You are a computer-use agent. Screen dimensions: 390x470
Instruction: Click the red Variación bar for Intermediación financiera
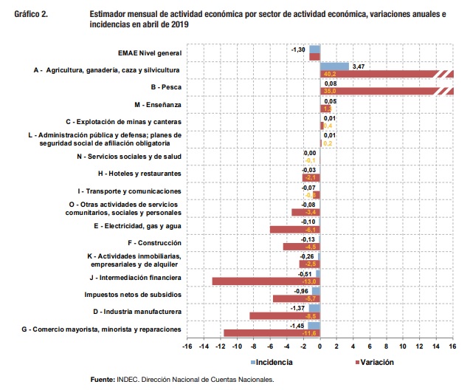pyautogui.click(x=266, y=281)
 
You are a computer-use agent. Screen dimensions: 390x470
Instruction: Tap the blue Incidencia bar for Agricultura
pyautogui.click(x=334, y=66)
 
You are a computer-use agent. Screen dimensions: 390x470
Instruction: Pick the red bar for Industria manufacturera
pyautogui.click(x=284, y=316)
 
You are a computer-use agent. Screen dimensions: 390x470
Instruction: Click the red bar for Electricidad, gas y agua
pyautogui.click(x=294, y=230)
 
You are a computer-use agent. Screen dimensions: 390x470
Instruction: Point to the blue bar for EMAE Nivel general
pyautogui.click(x=314, y=49)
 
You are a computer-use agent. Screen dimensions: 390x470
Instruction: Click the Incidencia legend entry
pyautogui.click(x=270, y=362)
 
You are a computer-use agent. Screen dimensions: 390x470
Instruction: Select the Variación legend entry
pyautogui.click(x=373, y=362)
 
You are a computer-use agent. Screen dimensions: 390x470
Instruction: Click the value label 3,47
pyautogui.click(x=359, y=66)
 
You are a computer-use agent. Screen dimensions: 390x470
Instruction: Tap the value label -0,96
pyautogui.click(x=303, y=291)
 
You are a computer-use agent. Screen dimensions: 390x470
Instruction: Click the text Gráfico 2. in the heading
pyautogui.click(x=31, y=13)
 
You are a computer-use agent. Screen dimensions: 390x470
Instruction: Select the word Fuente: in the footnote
pyautogui.click(x=102, y=380)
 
